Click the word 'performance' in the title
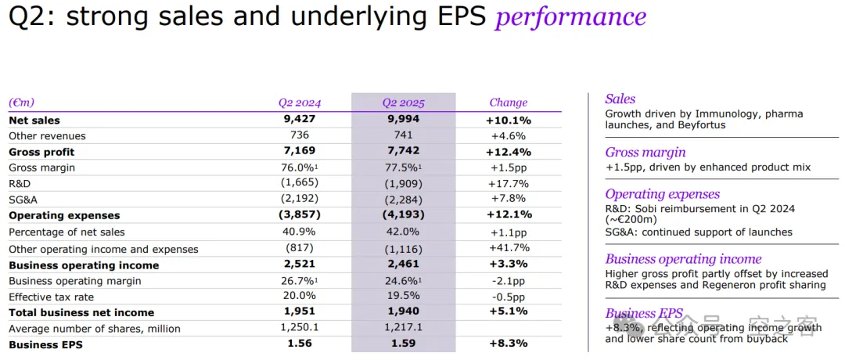click(570, 16)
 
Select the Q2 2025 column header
click(403, 103)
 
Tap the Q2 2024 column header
click(299, 103)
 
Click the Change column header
click(509, 103)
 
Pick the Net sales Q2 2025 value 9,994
click(403, 120)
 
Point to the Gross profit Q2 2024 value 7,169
click(299, 151)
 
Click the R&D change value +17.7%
click(509, 184)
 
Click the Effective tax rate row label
click(52, 297)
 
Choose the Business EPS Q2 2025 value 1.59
click(403, 344)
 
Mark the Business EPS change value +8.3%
click(509, 344)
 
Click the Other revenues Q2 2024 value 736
click(299, 135)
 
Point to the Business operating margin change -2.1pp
click(509, 281)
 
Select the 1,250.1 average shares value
click(299, 329)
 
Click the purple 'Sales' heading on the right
click(620, 99)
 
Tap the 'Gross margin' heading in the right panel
click(645, 153)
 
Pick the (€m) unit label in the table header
click(22, 103)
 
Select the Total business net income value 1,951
click(299, 312)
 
